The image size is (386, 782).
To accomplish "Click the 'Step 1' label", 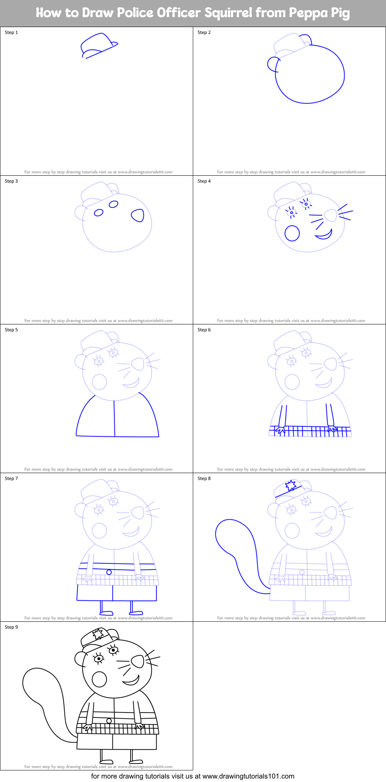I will (11, 32).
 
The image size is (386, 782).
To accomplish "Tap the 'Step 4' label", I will (204, 181).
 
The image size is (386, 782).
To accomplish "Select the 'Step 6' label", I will (204, 330).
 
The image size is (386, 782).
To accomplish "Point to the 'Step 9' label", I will (11, 627).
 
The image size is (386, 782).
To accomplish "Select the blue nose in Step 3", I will (138, 215).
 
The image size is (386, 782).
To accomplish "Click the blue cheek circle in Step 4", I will (292, 233).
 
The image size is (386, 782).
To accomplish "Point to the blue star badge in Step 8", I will (291, 485).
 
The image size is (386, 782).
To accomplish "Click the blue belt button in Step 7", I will (109, 572).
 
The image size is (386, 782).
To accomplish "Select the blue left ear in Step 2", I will (272, 64).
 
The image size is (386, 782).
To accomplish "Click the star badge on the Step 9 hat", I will (98, 634).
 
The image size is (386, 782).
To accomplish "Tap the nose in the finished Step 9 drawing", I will (138, 662).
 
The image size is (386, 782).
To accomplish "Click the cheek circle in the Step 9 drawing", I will (99, 679).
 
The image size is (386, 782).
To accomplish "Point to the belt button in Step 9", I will (109, 721).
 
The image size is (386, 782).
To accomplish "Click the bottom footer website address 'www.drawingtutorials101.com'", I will (248, 776).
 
